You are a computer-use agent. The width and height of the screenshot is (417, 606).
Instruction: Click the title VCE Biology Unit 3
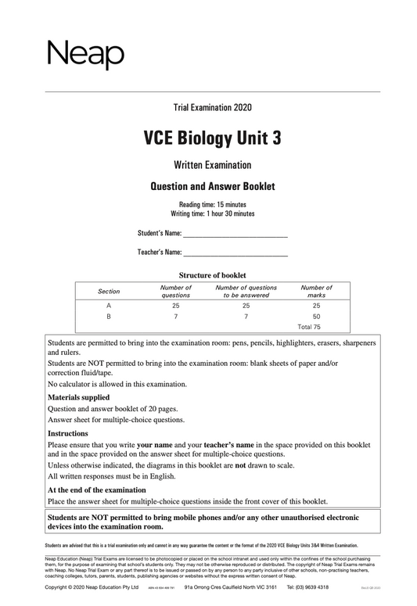point(212,138)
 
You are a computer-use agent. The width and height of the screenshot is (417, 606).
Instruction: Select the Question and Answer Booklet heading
point(212,186)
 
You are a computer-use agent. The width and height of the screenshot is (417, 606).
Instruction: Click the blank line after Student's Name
point(235,234)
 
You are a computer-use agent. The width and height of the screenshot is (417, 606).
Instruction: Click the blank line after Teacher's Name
point(235,253)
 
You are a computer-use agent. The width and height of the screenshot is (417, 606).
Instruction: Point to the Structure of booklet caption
point(213,275)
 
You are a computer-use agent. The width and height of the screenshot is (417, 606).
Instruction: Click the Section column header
point(109,292)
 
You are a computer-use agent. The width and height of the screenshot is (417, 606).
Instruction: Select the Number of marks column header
point(316,292)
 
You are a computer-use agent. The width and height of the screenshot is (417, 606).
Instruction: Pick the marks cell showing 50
point(316,317)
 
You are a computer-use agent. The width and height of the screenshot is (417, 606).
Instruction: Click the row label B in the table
point(109,317)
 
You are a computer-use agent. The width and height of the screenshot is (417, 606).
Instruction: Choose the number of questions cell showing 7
point(175,317)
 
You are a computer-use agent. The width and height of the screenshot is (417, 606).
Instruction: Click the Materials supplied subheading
point(79,397)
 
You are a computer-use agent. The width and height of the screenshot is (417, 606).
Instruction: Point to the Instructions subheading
point(68,433)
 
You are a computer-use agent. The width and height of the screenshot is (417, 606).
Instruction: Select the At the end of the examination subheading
point(97,490)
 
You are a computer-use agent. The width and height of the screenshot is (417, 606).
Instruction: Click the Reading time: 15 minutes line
point(212,204)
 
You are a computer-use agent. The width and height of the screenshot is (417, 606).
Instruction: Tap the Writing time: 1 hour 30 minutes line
point(212,213)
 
